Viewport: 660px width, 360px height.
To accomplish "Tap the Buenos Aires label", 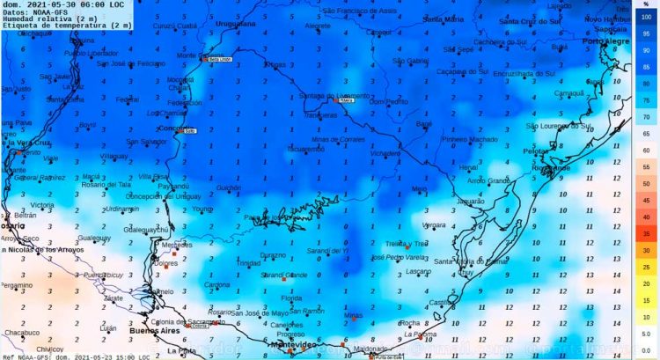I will click(132, 334).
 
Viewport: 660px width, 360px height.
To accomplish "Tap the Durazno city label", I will click(273, 255).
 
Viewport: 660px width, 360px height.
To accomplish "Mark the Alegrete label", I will click(317, 26).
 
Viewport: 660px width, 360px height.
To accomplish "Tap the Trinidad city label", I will click(249, 263).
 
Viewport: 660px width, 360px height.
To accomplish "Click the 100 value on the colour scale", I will click(645, 18).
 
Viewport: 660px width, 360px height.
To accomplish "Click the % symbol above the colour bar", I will click(645, 4).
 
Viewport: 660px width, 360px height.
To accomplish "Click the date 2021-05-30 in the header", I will click(48, 4).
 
